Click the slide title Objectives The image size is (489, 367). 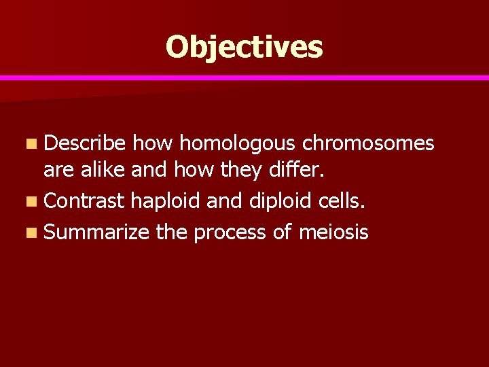(x=244, y=48)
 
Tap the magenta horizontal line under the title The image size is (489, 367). (x=244, y=78)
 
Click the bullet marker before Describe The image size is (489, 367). (x=33, y=144)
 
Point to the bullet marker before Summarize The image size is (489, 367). (x=33, y=233)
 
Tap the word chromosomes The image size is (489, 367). (x=368, y=143)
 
